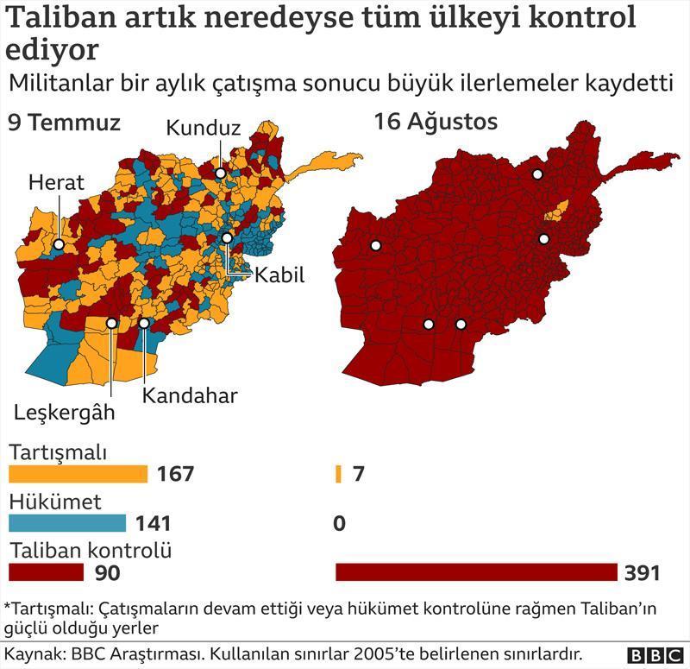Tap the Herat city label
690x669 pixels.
pos(56,182)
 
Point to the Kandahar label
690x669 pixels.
pos(189,396)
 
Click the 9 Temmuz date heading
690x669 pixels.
pos(64,123)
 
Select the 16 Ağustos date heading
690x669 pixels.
pos(436,123)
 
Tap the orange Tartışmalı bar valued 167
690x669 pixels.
pos(78,474)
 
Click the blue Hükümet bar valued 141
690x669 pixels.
pos(66,523)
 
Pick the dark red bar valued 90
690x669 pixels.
pos(46,572)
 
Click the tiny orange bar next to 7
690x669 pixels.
pos(338,474)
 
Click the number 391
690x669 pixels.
pos(643,573)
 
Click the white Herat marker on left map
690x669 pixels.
pos(59,244)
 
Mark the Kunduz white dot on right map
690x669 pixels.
pos(537,174)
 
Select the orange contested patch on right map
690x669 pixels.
pos(559,209)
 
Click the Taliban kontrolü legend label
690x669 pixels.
pos(91,550)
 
